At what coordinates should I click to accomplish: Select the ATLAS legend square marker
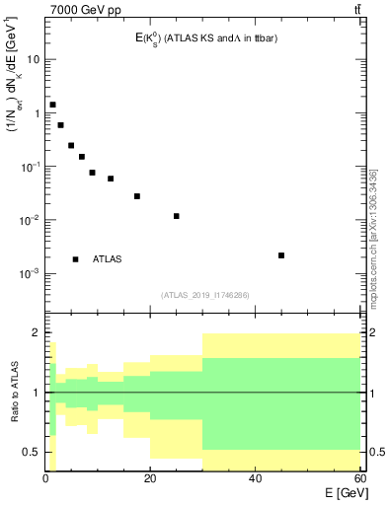coord(76,259)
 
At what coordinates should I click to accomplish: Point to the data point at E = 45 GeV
coord(281,255)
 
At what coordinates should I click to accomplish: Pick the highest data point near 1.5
coord(52,105)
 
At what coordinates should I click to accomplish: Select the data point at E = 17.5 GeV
coord(137,196)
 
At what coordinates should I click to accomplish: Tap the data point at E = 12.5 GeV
coord(111,179)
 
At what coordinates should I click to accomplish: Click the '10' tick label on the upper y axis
coord(33,59)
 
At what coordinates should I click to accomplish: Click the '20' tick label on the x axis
coord(150,479)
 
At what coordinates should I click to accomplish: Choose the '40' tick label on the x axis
coord(255,479)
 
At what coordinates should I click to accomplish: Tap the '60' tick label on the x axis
coord(358,479)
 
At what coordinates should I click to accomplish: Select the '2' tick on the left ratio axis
coord(35,333)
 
